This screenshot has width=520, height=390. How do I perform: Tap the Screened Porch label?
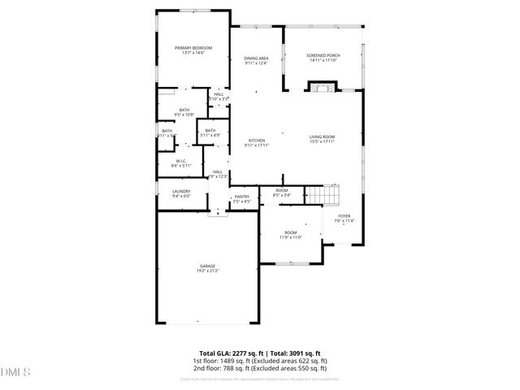[323, 55]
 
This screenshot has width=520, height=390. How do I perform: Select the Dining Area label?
[256, 58]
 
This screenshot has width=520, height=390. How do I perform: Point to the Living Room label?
[322, 136]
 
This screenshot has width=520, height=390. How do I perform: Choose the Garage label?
[207, 266]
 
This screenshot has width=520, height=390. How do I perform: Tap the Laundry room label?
[180, 192]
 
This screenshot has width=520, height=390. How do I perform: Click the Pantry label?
[242, 197]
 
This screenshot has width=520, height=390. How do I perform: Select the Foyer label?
[344, 216]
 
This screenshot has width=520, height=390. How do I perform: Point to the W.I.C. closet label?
[181, 161]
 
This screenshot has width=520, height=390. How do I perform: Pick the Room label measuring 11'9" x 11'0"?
[290, 233]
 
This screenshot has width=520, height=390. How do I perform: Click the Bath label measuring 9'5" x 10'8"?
[184, 110]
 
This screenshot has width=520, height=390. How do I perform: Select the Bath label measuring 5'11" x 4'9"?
[210, 131]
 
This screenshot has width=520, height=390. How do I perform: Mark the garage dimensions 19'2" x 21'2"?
[207, 271]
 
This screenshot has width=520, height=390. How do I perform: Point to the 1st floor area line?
[259, 360]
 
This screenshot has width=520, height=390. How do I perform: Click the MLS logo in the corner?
[15, 371]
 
